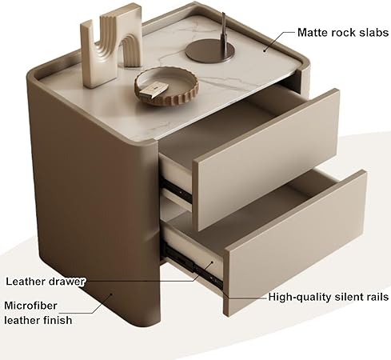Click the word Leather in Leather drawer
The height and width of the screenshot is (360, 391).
coord(26,282)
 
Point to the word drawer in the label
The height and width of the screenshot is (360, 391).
coord(66,282)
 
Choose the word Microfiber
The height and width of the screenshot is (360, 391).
coord(30,306)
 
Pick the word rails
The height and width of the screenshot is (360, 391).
coord(375,297)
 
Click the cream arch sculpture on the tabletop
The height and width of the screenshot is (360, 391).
coord(110,46)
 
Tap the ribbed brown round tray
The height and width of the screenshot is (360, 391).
coord(166,86)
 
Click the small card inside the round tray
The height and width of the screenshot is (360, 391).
coord(154,90)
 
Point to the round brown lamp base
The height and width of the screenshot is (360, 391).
coord(210,51)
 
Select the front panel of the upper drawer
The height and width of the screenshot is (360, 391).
coord(266,159)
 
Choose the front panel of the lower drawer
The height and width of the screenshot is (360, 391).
coord(295,242)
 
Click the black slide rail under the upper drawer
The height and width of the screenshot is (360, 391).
coord(176,190)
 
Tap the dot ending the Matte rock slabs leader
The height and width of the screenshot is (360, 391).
coord(265,50)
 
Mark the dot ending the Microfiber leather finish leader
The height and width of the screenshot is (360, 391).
coord(111,294)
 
